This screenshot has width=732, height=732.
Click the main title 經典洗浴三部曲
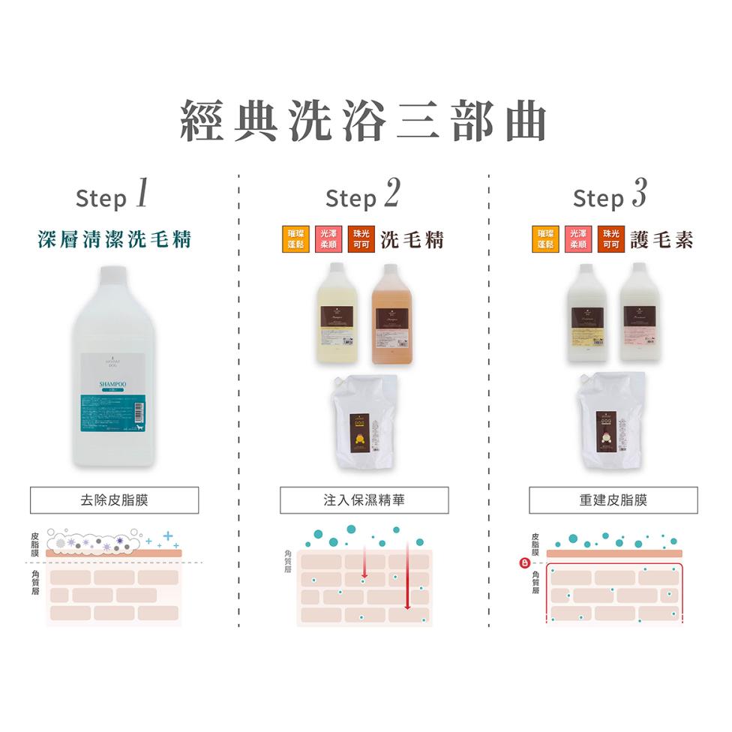click(x=364, y=122)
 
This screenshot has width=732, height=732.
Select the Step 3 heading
click(x=610, y=196)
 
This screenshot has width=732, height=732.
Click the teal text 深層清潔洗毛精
click(x=115, y=240)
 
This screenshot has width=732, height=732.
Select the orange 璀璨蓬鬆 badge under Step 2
click(x=294, y=239)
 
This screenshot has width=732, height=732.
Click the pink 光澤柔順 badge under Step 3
click(x=577, y=239)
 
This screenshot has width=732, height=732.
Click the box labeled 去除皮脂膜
click(x=115, y=500)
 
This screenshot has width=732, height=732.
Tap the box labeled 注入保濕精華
click(x=364, y=500)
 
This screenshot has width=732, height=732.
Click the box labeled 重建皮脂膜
click(x=613, y=500)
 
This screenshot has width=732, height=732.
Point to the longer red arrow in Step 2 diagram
click(x=407, y=577)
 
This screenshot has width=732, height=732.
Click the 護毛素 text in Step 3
click(x=661, y=239)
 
